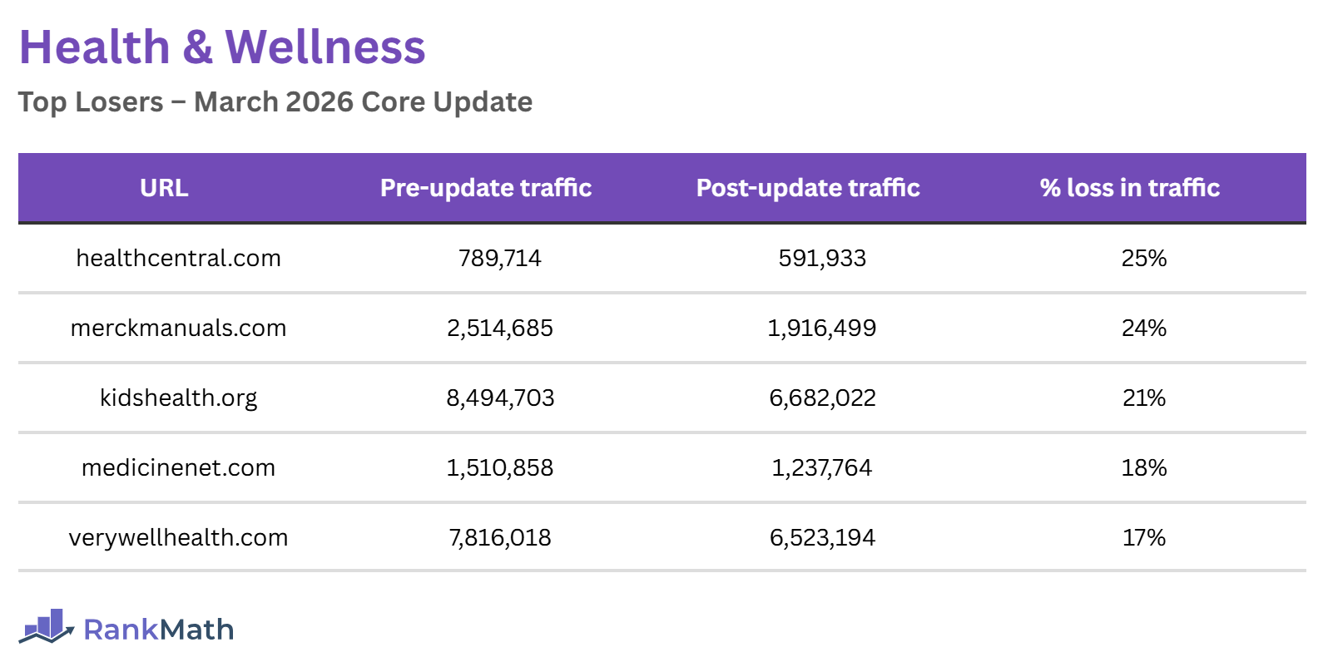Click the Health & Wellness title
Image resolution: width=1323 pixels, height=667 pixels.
tap(222, 47)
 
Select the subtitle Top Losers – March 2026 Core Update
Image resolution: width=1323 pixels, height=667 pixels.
tap(275, 102)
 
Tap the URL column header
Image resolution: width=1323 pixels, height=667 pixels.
tap(164, 188)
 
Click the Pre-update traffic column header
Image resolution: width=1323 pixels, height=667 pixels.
tap(486, 188)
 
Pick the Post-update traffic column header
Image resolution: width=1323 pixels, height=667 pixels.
tap(808, 188)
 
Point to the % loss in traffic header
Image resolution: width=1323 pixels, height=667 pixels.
tap(1129, 188)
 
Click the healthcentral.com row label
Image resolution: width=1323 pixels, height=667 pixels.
tap(178, 259)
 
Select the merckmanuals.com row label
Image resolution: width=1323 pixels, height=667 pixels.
tap(178, 329)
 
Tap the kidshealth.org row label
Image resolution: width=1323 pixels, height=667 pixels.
tap(178, 398)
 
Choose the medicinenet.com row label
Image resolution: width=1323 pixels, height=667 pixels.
tap(178, 468)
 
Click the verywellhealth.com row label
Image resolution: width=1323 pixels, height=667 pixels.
tap(178, 538)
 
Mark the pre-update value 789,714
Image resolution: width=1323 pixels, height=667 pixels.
tap(499, 259)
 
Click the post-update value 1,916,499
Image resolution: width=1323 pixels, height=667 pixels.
tap(821, 329)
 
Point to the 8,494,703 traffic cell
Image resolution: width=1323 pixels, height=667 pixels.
tap(499, 398)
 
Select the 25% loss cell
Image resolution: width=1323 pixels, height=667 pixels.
tap(1143, 259)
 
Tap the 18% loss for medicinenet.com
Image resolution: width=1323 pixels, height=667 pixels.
tap(1143, 468)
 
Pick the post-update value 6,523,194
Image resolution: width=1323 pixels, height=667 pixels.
tap(821, 538)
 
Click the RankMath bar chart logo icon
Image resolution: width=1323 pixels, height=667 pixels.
tap(47, 626)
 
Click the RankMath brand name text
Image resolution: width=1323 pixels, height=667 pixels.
tap(158, 630)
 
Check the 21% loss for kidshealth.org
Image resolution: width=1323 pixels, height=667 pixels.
tap(1143, 398)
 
